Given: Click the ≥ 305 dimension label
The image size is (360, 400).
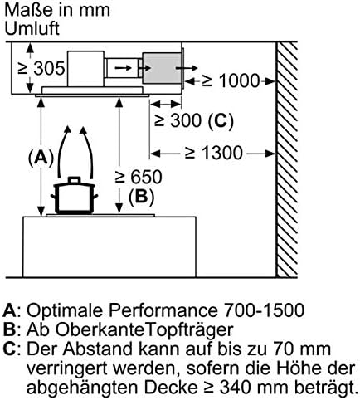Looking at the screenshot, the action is [41, 68].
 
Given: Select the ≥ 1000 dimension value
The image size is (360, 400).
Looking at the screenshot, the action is [231, 81].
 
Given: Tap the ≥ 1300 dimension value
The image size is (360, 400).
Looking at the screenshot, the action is [214, 153].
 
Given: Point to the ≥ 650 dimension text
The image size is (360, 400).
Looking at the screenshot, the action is [139, 177].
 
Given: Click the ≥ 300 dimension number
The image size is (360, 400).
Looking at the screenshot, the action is [178, 120].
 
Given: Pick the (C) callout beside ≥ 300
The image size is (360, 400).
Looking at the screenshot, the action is [221, 121].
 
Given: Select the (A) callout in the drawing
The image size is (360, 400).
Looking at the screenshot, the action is [41, 159].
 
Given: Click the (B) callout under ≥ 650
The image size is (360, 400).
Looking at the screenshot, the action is [141, 197].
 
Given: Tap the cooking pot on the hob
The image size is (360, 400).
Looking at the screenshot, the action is [74, 195].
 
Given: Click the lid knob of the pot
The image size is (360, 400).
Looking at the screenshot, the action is [74, 179].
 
